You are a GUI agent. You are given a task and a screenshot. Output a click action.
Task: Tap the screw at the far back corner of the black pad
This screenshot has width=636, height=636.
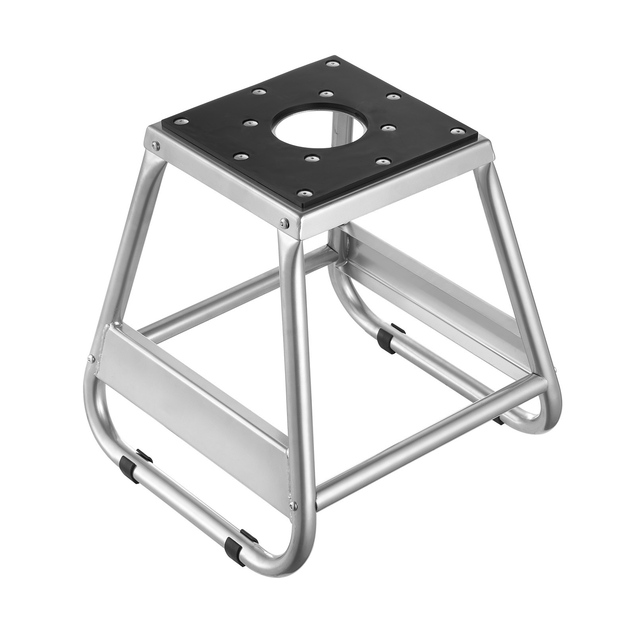(330, 63)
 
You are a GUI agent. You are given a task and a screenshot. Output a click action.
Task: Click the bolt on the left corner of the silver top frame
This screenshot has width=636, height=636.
(153, 145)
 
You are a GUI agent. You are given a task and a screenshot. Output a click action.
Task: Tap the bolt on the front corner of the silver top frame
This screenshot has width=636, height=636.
(283, 223)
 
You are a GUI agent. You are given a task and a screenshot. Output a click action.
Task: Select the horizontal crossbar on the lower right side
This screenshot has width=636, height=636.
(429, 441)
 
